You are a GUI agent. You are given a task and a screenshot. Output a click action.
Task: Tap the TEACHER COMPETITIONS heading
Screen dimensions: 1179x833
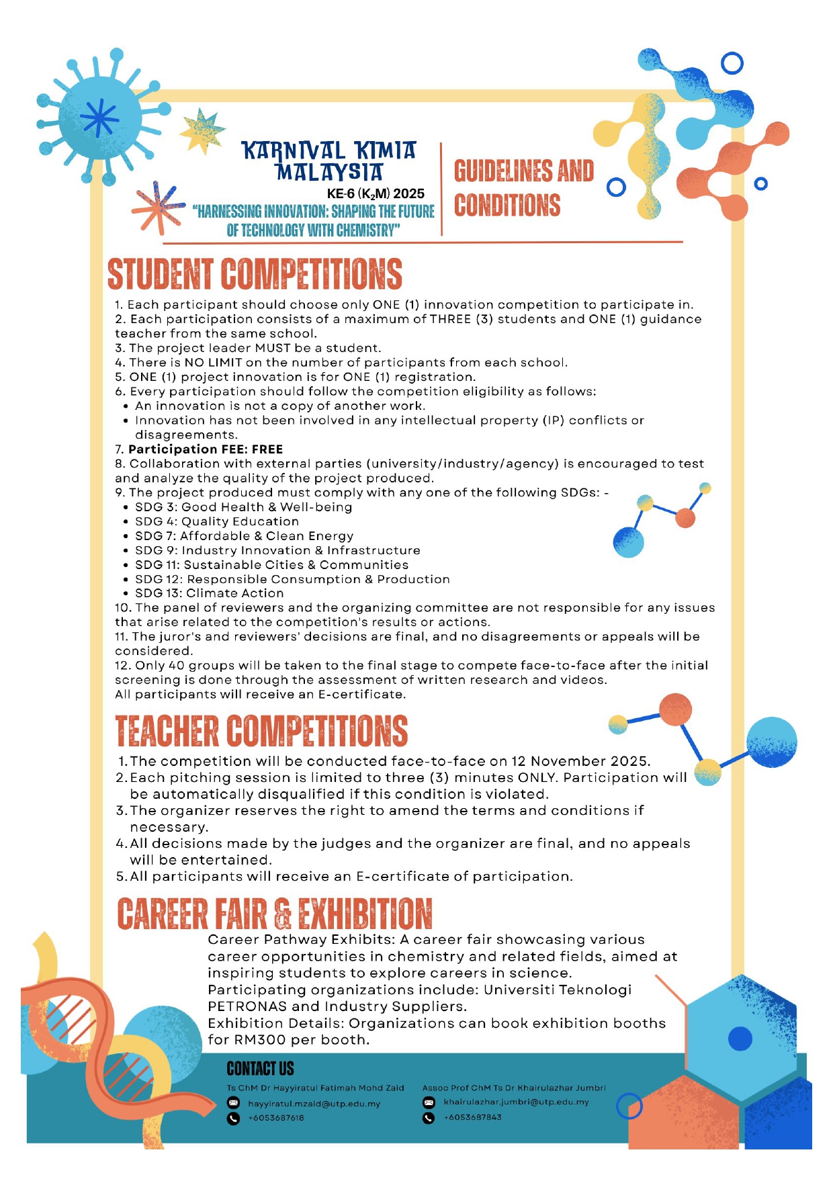click(x=261, y=731)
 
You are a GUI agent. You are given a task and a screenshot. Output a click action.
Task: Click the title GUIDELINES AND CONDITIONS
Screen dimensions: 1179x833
click(x=523, y=188)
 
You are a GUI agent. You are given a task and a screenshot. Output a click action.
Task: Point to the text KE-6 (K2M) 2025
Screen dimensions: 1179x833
click(x=376, y=193)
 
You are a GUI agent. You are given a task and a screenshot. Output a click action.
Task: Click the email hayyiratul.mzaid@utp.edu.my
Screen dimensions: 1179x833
click(x=314, y=1103)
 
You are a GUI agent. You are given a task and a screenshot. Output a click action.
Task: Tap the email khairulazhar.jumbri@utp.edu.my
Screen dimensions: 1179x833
click(x=516, y=1102)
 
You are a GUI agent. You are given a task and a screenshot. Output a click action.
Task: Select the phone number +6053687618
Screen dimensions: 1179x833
click(x=275, y=1118)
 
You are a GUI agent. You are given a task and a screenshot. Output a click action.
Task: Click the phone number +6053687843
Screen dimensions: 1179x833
click(x=472, y=1117)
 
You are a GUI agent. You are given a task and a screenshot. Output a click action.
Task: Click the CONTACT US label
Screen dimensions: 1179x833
click(x=260, y=1068)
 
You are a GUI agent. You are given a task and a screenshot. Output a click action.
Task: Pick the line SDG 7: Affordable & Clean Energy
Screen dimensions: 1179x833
click(x=244, y=536)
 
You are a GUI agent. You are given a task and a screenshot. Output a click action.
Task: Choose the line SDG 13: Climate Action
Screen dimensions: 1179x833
click(x=209, y=593)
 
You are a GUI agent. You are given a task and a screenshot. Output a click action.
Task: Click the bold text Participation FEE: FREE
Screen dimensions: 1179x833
click(x=206, y=449)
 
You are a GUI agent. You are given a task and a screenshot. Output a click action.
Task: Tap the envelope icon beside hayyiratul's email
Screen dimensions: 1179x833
click(x=233, y=1102)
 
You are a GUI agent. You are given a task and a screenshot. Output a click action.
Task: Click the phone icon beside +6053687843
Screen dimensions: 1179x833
click(x=429, y=1118)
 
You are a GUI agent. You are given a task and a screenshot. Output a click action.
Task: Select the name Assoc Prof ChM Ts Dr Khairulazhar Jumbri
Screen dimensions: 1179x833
click(x=514, y=1088)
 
